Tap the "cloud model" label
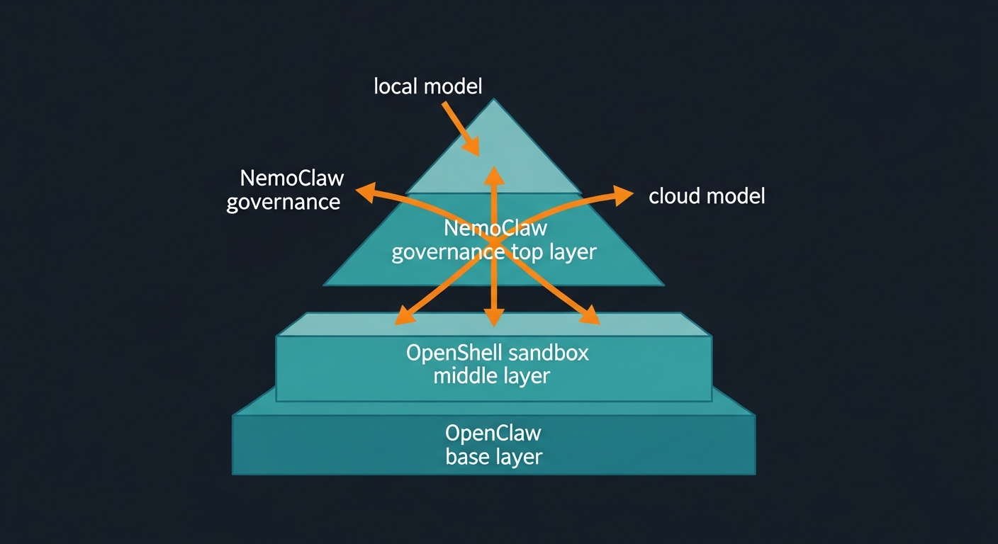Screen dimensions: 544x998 click(x=707, y=196)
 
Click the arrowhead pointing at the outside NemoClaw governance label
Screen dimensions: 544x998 click(x=364, y=189)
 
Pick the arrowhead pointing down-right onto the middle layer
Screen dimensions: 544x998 click(x=589, y=317)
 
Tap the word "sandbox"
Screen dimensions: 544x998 click(x=549, y=353)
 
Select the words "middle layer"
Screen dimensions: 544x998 click(x=491, y=375)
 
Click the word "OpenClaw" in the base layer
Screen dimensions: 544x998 click(x=493, y=433)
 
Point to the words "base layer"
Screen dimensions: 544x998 click(x=493, y=457)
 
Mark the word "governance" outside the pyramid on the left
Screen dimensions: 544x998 click(x=284, y=202)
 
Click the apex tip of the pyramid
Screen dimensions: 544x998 click(x=493, y=100)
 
